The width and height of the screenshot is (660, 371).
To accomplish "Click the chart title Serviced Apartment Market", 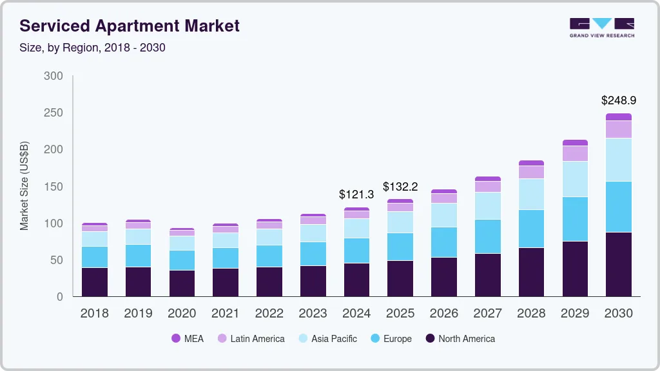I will click(x=130, y=26).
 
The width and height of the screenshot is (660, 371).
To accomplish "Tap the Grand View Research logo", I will click(x=602, y=28).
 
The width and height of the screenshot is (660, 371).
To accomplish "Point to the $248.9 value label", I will click(x=619, y=100).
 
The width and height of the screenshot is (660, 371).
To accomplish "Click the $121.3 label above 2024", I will click(x=356, y=194).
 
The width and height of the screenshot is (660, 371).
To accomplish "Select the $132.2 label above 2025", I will click(x=400, y=187).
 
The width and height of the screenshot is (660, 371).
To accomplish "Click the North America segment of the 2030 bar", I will click(x=619, y=264).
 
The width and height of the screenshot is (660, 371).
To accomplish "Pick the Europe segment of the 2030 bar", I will click(x=619, y=207).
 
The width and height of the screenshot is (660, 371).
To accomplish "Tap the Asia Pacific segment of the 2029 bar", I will click(x=575, y=179).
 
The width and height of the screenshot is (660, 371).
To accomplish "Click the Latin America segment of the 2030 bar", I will click(x=619, y=129).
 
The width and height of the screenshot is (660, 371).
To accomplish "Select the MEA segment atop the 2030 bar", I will click(x=619, y=117).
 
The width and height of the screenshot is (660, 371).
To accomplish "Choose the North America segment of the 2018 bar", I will click(x=95, y=281).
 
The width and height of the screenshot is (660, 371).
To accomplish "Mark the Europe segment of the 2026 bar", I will click(x=444, y=242).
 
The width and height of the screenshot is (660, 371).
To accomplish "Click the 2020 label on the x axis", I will click(x=182, y=314).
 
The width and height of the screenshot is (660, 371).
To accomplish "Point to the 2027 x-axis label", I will click(x=488, y=314).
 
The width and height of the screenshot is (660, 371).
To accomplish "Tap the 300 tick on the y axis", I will click(x=53, y=76).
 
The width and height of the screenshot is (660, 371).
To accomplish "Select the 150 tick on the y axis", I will click(x=53, y=187).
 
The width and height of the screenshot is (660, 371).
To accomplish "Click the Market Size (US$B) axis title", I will click(x=24, y=186).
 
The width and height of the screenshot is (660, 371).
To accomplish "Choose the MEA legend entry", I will click(x=188, y=339).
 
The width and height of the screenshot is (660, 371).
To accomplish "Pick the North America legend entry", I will click(x=460, y=339).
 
